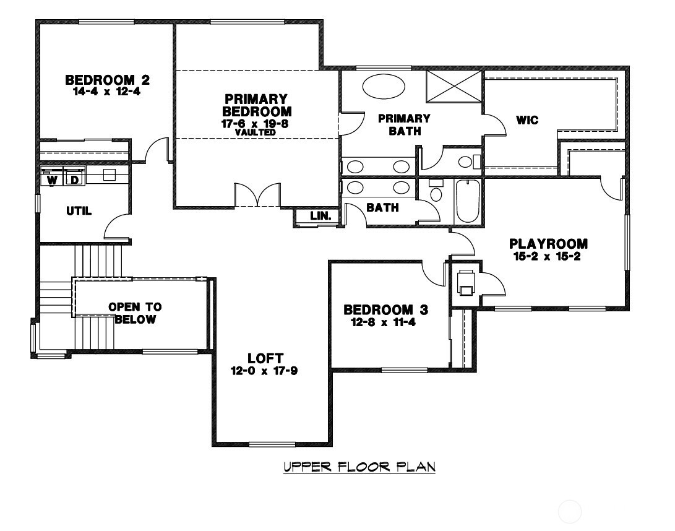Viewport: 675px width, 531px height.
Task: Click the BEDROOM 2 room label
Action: (108, 80)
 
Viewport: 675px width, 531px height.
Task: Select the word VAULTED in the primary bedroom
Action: (256, 132)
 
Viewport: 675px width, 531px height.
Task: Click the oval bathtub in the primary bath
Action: (381, 86)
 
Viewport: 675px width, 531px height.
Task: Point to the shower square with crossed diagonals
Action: (454, 87)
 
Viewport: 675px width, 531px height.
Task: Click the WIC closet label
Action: (527, 120)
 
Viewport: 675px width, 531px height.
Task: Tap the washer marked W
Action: (53, 179)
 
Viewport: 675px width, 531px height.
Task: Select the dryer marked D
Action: (73, 179)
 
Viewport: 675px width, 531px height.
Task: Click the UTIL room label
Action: (79, 211)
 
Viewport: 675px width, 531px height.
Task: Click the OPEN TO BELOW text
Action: (135, 313)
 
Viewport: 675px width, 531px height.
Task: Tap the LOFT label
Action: (265, 358)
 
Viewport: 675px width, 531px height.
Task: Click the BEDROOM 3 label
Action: (386, 309)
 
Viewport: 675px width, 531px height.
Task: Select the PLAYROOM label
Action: (548, 244)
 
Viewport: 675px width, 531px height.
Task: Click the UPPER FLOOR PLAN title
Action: (359, 466)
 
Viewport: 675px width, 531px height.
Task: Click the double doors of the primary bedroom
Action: (257, 196)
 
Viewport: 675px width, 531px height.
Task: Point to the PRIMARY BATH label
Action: (404, 124)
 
